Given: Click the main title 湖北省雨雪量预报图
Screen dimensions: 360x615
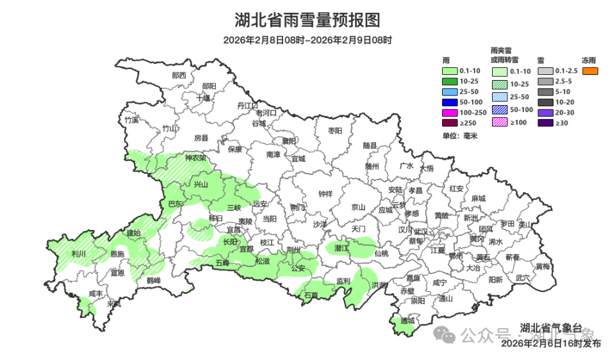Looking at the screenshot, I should (307, 20).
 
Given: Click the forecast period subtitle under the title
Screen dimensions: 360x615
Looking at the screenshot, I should (307, 40).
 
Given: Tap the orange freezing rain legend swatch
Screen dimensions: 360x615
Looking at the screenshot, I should (590, 71).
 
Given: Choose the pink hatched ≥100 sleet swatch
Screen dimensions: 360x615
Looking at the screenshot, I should (500, 122).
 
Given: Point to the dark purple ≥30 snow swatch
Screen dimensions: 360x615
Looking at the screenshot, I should (545, 122).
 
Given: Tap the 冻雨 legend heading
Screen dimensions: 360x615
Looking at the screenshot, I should (589, 60).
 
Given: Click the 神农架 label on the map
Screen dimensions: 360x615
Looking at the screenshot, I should (195, 158).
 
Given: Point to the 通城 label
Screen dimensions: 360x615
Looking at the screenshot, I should (407, 320).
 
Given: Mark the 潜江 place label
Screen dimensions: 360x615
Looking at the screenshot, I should (341, 247).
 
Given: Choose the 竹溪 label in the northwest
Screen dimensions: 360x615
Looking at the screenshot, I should (132, 120).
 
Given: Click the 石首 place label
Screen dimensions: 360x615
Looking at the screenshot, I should (311, 295).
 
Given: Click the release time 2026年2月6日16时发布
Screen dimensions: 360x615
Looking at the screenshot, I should (551, 343).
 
